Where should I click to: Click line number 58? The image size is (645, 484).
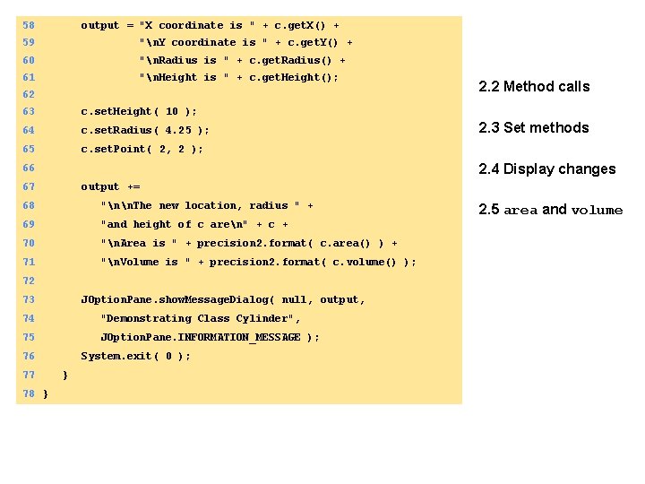tap(29, 26)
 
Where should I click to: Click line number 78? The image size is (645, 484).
tap(29, 393)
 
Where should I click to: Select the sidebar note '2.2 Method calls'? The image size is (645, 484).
tap(534, 87)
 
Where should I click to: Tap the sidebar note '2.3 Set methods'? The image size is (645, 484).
tap(534, 128)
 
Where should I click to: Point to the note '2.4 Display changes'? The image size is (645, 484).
tap(546, 169)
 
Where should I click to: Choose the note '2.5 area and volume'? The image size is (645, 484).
tap(550, 211)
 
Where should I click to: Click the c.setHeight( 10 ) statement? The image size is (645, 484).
tap(138, 112)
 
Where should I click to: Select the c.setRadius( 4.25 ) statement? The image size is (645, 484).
tap(144, 131)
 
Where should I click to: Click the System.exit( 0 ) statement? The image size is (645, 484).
tap(135, 356)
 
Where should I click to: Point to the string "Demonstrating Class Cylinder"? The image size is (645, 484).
tap(201, 318)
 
